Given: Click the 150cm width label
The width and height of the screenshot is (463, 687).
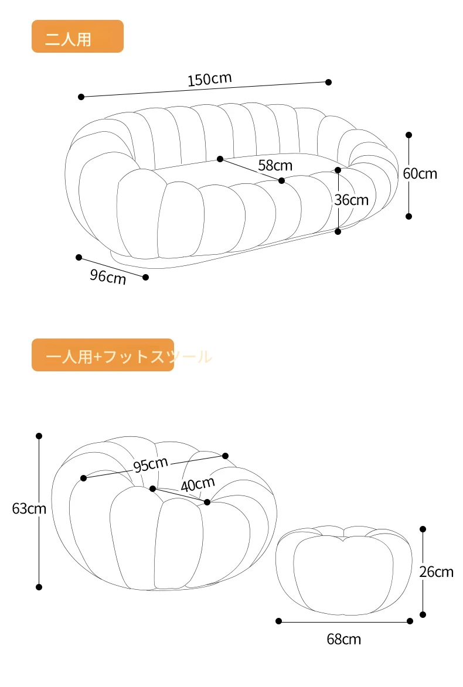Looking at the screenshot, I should pos(210,79).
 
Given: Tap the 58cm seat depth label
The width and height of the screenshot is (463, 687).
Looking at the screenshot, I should pos(275,165).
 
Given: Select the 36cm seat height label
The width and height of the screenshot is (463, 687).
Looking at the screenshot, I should pos(351,200).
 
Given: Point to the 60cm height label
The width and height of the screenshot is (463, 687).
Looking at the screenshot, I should pos(420,173).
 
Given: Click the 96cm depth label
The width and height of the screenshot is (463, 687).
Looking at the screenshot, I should pos(108,276).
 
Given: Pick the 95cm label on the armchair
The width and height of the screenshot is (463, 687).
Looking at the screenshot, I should pos(151,465).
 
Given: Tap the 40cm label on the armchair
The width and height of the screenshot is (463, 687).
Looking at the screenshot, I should pos(198,485).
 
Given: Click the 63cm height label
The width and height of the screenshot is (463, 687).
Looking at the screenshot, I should pos(29,508).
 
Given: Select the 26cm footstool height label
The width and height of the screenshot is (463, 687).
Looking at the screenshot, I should pos(436,572).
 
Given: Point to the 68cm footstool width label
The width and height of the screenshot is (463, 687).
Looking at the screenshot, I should pos(344,639).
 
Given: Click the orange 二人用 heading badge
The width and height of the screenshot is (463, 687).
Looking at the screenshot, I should pos(77,36).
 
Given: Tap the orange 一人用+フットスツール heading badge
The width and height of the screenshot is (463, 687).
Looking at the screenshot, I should pos(103,355).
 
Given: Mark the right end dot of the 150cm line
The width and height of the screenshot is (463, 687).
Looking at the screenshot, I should pos(328,82).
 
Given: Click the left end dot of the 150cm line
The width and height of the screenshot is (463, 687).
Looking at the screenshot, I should pos(81,97).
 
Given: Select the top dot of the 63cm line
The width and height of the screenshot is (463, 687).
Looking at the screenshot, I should pos(39,436).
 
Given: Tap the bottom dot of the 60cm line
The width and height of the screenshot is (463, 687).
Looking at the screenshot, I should pos(408,216).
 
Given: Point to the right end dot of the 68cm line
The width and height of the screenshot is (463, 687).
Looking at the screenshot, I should pos(410,621).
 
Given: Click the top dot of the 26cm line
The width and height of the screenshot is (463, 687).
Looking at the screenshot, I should pos(423,529).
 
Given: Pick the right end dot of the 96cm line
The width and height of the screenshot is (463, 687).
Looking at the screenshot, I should pos(146,277).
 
